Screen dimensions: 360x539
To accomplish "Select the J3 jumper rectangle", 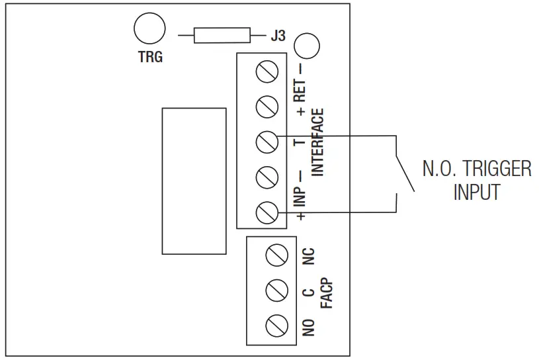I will pyautogui.click(x=222, y=36).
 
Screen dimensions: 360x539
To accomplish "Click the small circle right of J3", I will pyautogui.click(x=306, y=46).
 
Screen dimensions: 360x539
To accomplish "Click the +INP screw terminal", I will pyautogui.click(x=266, y=212).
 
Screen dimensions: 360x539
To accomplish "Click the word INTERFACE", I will pyautogui.click(x=317, y=142).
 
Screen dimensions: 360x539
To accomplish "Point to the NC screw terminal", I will pyautogui.click(x=276, y=255).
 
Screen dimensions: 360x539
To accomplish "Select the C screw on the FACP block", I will pyautogui.click(x=276, y=289).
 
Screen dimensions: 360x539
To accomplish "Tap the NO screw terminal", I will pyautogui.click(x=276, y=325).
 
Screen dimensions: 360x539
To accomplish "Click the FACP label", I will pyautogui.click(x=325, y=293).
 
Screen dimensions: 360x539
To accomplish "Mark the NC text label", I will pyautogui.click(x=308, y=257).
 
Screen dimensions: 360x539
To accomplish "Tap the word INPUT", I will pyautogui.click(x=476, y=193).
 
